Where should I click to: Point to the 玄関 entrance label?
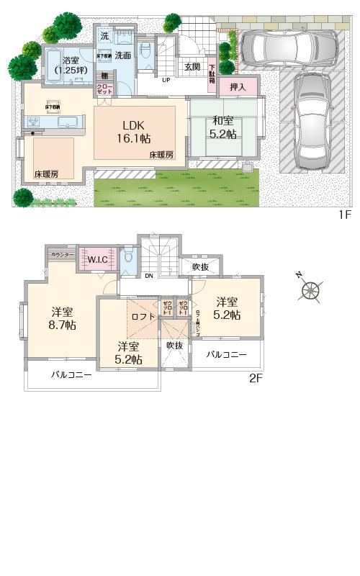tap(192, 67)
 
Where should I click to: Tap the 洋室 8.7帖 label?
tap(63, 318)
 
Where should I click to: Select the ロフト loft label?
tap(143, 315)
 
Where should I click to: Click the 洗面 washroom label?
tap(122, 55)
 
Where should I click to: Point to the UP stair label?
tap(166, 80)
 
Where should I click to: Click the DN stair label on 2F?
tap(148, 276)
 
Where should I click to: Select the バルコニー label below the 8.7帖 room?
tap(71, 375)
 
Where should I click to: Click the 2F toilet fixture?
tap(128, 257)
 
